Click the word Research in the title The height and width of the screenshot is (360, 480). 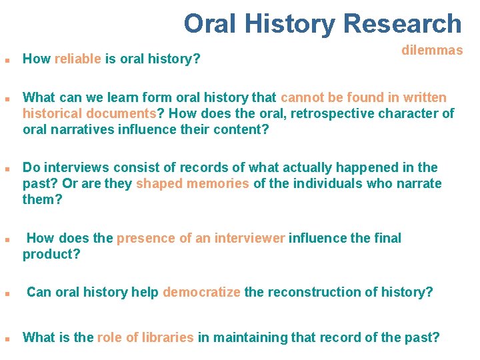point(401,24)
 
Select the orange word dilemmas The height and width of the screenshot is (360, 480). point(432,51)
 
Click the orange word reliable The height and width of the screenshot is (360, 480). point(78,59)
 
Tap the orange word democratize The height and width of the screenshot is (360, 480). point(201,292)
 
